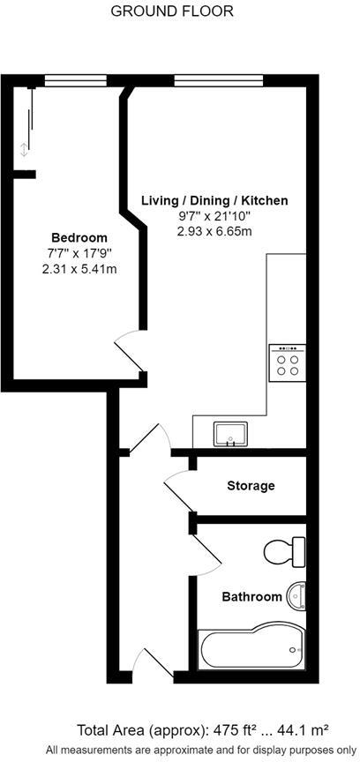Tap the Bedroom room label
click(x=79, y=238)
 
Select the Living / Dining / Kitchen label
click(x=214, y=201)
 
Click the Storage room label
click(x=251, y=486)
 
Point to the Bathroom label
click(x=251, y=597)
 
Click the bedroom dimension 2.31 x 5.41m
click(x=79, y=269)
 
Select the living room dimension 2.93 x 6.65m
click(x=214, y=232)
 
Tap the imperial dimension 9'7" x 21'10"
click(x=214, y=217)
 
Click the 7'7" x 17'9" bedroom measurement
click(x=79, y=254)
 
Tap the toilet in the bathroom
click(x=284, y=552)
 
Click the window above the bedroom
click(x=70, y=80)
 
